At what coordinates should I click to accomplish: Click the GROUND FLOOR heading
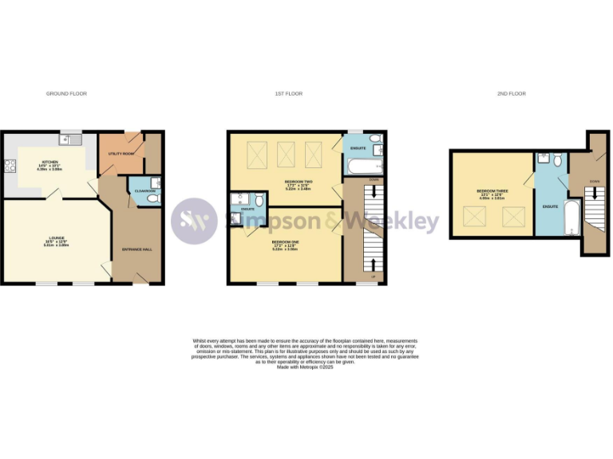point(66,94)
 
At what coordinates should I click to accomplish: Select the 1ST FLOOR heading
point(289,94)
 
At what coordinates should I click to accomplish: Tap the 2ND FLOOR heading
point(512,94)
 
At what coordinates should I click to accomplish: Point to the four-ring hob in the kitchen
point(10,167)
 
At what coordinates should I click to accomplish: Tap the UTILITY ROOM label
point(121,153)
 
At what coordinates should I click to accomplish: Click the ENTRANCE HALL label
point(136,249)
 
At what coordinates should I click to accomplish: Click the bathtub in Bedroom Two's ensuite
point(363,167)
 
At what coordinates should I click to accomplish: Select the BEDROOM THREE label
point(491,191)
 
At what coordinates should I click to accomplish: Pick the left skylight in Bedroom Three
point(477,214)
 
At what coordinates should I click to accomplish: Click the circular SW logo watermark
point(194,221)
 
